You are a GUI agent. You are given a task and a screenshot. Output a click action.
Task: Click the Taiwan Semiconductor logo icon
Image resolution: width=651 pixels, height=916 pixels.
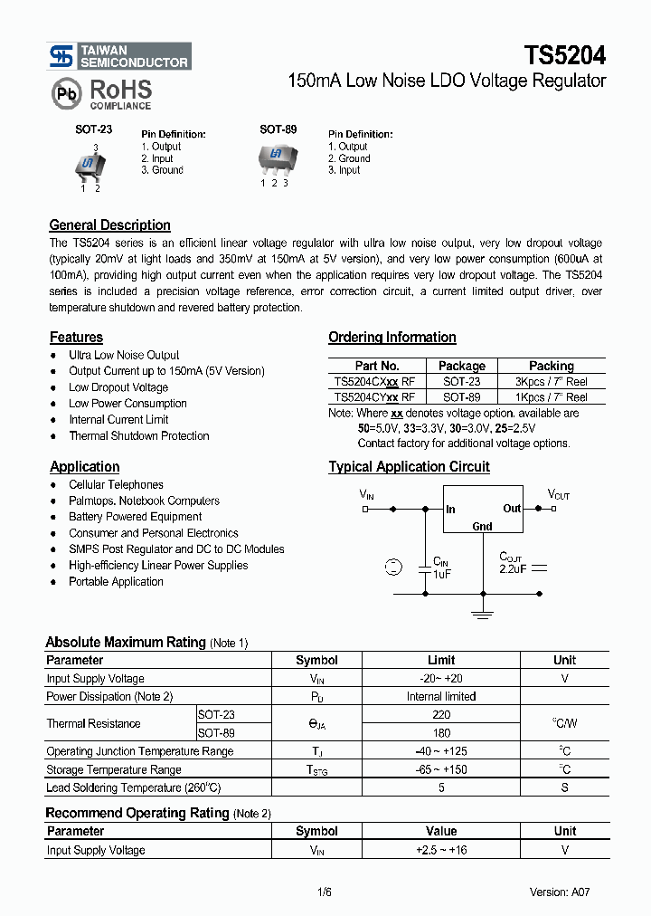[61, 57]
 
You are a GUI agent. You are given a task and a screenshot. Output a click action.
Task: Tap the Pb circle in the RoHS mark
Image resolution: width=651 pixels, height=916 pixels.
[66, 92]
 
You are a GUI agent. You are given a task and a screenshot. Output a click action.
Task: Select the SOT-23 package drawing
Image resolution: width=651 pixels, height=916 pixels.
[89, 164]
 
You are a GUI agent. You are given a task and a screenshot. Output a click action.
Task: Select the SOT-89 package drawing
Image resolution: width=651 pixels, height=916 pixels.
[273, 157]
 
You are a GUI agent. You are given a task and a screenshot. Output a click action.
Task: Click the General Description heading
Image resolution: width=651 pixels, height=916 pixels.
[109, 225]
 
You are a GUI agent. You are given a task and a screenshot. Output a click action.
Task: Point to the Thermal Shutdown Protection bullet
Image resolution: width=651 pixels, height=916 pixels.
[138, 435]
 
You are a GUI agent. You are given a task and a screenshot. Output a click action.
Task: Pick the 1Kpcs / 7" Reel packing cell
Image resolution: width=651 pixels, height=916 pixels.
[551, 397]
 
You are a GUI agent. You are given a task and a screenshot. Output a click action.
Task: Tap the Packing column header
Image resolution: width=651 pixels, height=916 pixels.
[551, 366]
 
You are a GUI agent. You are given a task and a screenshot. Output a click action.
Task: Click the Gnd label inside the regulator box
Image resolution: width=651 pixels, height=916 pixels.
[482, 527]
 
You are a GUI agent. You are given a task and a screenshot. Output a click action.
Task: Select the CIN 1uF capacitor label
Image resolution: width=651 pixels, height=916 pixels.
[441, 568]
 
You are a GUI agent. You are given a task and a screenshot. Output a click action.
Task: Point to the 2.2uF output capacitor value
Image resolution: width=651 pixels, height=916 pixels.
[514, 569]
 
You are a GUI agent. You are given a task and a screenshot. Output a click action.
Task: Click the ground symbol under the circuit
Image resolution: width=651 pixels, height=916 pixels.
[482, 615]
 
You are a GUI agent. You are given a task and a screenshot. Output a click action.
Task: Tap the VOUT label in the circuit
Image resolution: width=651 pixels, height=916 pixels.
[559, 495]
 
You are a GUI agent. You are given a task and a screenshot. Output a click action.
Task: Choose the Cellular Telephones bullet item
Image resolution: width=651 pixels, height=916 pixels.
[116, 484]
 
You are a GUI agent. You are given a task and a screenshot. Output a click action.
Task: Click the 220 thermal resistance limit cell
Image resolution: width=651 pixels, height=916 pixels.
[440, 714]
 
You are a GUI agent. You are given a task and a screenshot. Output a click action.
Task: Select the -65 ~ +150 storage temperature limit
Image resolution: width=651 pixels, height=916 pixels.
[440, 769]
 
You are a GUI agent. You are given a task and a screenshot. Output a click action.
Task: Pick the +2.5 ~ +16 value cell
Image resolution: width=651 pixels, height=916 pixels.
[440, 850]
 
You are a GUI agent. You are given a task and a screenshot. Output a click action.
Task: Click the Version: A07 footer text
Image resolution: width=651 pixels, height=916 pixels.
[560, 892]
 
